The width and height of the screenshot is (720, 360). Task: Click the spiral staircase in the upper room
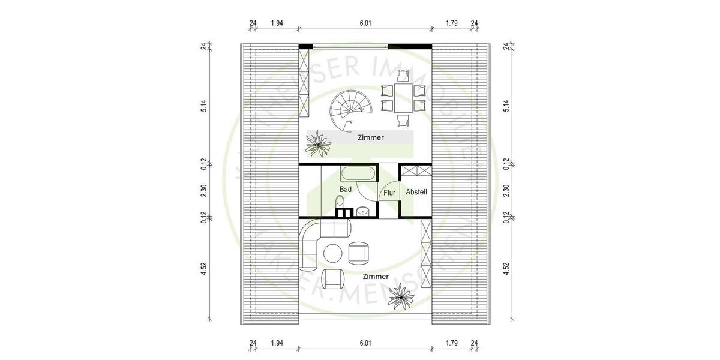point(350,109)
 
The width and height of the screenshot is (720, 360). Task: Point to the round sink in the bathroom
point(362,211)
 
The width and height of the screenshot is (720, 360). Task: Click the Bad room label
point(345,189)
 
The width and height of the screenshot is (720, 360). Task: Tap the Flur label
point(389,193)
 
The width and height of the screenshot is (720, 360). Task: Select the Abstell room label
point(416,192)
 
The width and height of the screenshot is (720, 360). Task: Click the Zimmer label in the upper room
point(370,137)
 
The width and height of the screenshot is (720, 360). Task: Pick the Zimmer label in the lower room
point(375,276)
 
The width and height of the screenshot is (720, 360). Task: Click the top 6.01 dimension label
point(365,23)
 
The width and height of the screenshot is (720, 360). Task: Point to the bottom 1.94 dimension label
point(277,343)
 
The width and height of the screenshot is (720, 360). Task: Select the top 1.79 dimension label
point(452,23)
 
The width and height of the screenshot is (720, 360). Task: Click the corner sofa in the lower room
point(318,240)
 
